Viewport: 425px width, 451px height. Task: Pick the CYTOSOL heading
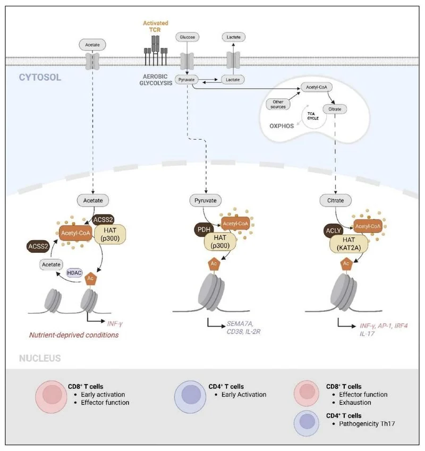click(x=40, y=77)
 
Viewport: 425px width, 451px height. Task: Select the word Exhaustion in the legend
click(x=355, y=402)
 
